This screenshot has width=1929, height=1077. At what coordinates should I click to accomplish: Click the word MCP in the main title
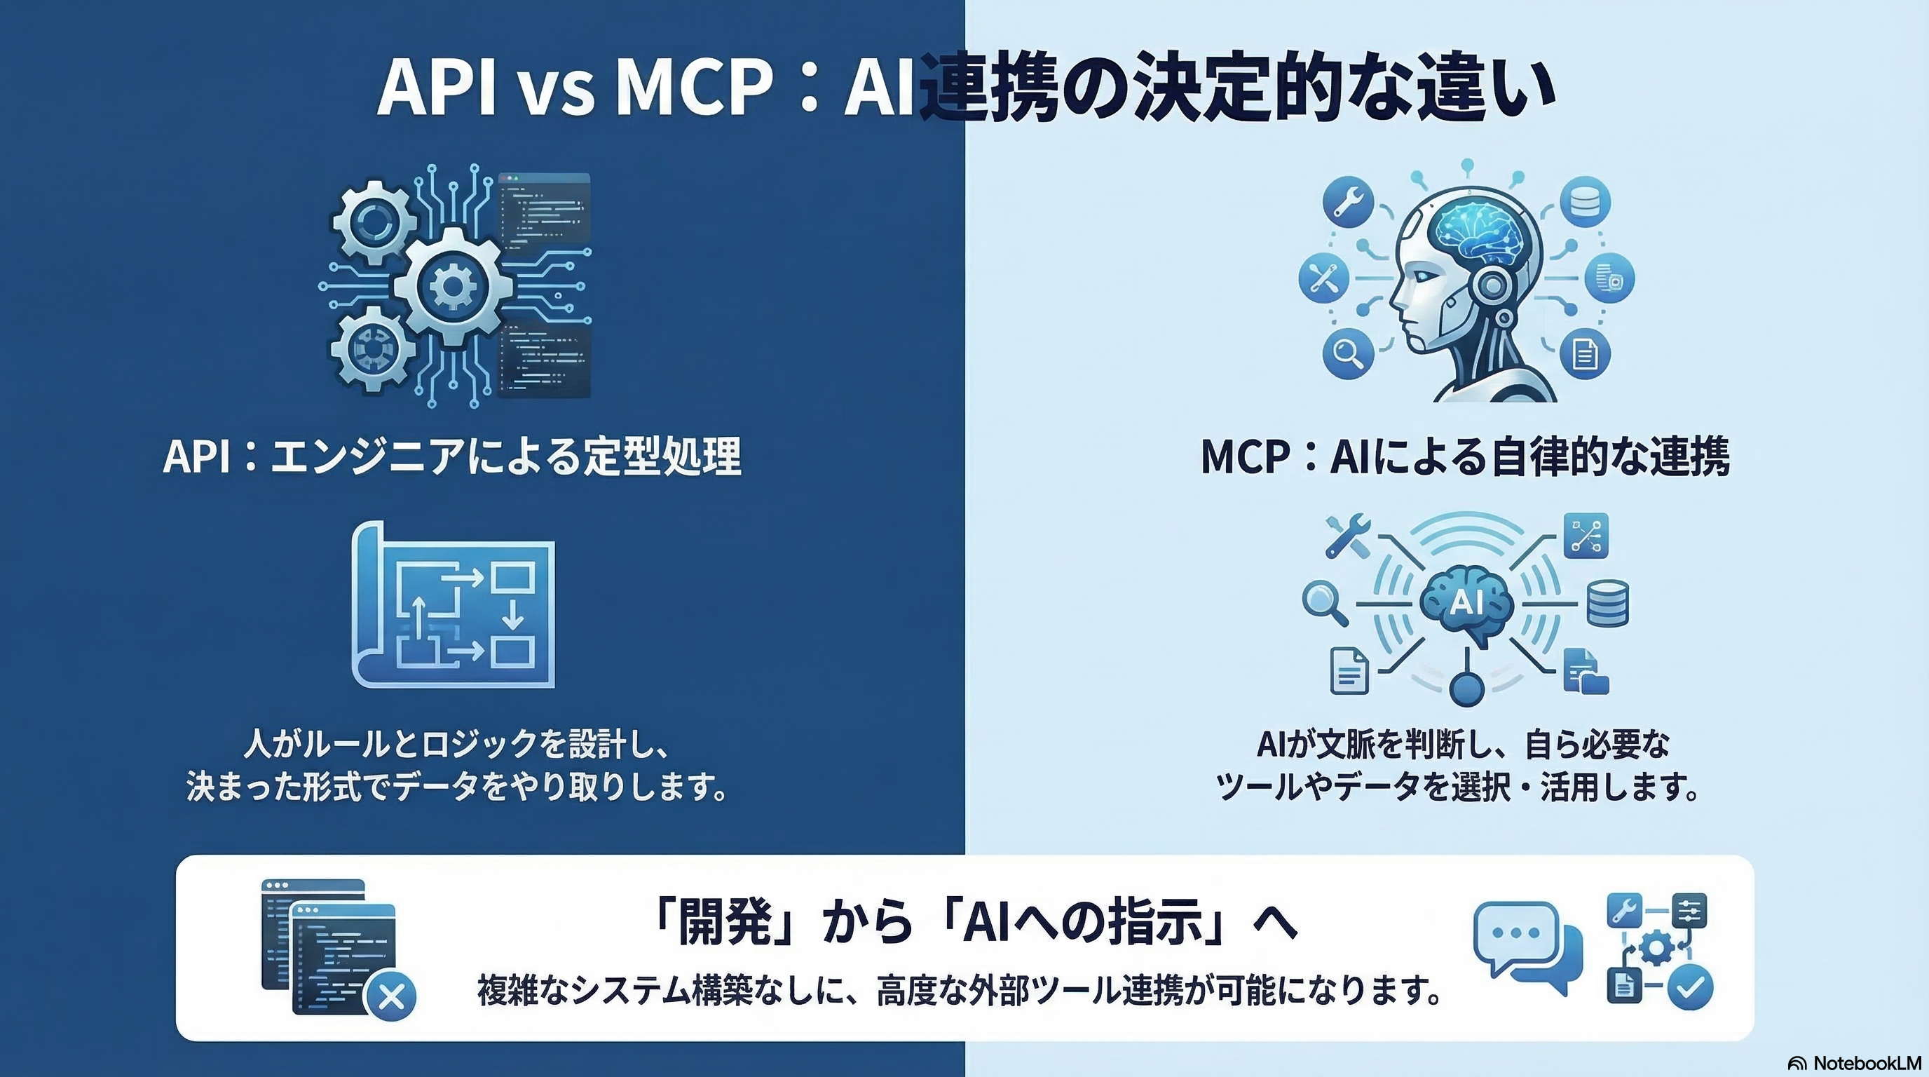693,88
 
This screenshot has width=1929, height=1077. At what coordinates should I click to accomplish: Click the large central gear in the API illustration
452,285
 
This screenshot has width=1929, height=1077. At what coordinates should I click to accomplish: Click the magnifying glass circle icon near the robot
1348,353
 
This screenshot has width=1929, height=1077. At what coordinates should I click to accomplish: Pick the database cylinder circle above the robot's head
1586,202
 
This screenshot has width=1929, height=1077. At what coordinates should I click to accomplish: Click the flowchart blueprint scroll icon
454,605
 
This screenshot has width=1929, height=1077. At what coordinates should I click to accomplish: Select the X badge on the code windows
390,997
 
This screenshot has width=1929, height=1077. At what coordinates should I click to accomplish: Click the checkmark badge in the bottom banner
1690,988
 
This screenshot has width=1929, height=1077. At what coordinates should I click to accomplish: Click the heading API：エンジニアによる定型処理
451,456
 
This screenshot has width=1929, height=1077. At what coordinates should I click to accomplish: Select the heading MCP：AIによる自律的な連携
1465,456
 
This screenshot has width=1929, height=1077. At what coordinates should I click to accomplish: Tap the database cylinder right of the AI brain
1607,604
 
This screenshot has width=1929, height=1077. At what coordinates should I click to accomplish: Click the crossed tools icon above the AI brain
1347,536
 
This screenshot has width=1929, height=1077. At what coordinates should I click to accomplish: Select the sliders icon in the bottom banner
1689,912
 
